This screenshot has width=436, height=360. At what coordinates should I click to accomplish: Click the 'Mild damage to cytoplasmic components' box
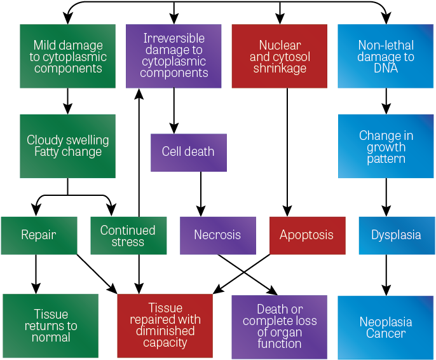68,57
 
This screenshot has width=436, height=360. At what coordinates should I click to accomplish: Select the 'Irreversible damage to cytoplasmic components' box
174,57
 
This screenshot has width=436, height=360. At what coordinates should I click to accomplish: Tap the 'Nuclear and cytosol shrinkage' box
280,57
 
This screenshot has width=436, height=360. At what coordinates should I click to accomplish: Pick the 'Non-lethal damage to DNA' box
386,57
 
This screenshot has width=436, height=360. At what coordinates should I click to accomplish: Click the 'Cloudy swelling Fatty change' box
68,146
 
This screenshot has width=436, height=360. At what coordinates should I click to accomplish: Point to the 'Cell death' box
188,152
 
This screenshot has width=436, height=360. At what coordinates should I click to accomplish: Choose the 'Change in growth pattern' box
386,146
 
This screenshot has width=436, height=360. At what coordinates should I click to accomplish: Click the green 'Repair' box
39,235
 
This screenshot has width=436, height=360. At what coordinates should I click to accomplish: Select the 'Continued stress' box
128,235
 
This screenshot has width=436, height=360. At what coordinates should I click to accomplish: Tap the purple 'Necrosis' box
217,235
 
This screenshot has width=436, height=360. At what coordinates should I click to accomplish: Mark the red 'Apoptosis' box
307,235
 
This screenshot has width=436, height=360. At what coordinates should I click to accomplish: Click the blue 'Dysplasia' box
396,235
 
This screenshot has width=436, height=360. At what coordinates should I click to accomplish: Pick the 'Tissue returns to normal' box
51,326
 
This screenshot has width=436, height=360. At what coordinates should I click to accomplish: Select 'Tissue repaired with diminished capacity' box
165,326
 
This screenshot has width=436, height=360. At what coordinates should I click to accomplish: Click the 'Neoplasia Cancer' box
386,327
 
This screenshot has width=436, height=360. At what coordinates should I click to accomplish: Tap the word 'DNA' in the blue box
386,69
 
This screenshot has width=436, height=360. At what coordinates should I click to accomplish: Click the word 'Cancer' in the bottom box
386,334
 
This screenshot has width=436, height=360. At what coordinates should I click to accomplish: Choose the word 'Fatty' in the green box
50,153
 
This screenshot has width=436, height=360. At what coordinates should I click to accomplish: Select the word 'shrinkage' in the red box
280,69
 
